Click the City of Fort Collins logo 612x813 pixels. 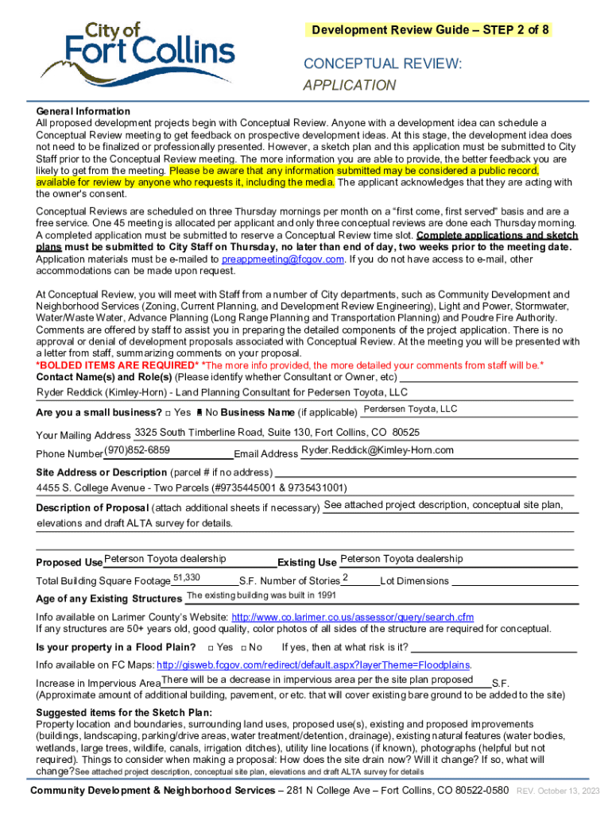(x=138, y=55)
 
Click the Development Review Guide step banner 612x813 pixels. (x=430, y=30)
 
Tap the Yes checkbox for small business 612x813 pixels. (x=168, y=413)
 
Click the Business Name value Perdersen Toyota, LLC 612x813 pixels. (x=410, y=409)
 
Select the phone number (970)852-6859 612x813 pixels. (x=137, y=449)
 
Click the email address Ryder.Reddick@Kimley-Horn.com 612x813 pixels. (x=378, y=450)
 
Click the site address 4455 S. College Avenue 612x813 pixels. (x=192, y=487)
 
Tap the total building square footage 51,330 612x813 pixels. (x=186, y=577)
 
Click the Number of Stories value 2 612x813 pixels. (x=345, y=577)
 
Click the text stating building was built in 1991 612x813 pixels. (x=261, y=595)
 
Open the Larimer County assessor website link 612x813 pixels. (x=352, y=617)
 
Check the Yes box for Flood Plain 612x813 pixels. (x=210, y=647)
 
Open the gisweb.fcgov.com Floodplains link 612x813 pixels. (x=314, y=665)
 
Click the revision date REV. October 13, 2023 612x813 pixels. (x=558, y=792)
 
